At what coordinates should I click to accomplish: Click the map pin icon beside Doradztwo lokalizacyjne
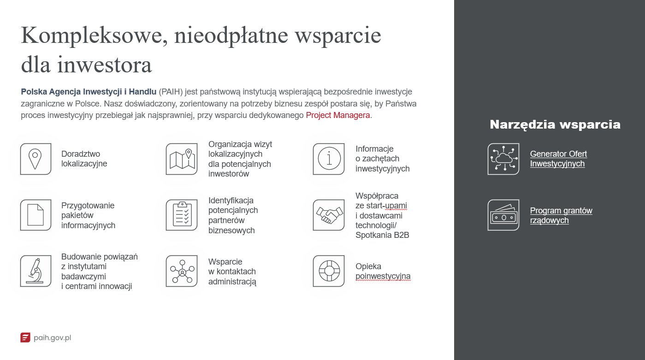[36, 159]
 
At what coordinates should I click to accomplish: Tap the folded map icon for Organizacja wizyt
[181, 159]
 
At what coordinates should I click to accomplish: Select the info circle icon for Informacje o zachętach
[328, 159]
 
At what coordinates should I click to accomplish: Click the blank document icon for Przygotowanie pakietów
[36, 215]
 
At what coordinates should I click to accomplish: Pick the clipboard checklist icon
[181, 215]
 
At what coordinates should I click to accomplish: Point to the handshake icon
[328, 215]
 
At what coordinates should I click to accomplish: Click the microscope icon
[36, 271]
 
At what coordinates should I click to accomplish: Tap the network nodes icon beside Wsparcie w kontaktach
[181, 271]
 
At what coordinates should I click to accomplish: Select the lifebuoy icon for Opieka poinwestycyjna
[328, 271]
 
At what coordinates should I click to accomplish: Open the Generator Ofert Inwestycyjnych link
[558, 159]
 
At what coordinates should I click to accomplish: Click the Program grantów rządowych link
[561, 215]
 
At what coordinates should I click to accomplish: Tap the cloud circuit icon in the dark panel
[503, 159]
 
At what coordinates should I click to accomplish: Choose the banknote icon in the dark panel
[503, 215]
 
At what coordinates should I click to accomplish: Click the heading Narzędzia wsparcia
[555, 124]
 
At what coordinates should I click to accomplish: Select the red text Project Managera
[338, 115]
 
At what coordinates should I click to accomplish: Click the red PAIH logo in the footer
[25, 338]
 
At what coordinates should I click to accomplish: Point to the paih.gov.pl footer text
[52, 338]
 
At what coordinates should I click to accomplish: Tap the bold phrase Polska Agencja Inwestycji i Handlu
[89, 92]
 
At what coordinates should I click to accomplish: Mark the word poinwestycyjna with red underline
[383, 276]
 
